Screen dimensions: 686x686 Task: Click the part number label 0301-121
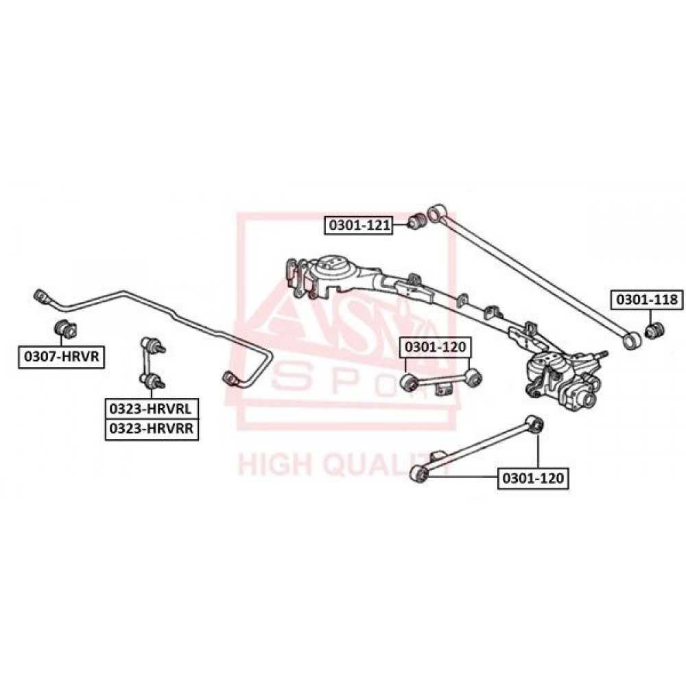click(x=358, y=225)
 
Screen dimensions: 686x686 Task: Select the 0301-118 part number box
click(x=647, y=300)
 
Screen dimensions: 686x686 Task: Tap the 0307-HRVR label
click(x=61, y=357)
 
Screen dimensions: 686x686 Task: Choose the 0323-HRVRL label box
click(x=152, y=409)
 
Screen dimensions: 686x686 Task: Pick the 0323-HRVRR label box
click(x=152, y=429)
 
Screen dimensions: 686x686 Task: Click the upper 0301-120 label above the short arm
click(x=436, y=347)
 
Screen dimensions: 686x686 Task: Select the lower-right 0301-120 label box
click(x=533, y=478)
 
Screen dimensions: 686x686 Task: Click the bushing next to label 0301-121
click(x=417, y=220)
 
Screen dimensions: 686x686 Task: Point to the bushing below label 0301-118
click(x=655, y=330)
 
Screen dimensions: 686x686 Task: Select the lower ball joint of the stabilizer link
click(x=152, y=381)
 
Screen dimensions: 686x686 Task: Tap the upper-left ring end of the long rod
click(x=434, y=214)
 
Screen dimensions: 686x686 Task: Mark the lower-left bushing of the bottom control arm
click(x=419, y=475)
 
